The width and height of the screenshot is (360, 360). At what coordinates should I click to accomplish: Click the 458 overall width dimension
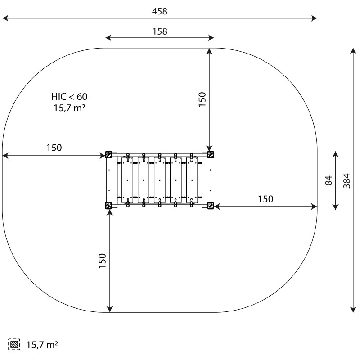tap(160, 11)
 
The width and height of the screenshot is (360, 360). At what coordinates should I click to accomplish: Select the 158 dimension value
tap(160, 31)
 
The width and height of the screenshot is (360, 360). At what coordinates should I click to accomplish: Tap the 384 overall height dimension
tap(347, 181)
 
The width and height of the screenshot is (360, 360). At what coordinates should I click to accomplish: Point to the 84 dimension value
tap(329, 180)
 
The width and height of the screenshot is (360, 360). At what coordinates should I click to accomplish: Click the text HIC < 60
tap(69, 97)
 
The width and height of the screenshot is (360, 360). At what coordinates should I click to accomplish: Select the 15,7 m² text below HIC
tap(70, 108)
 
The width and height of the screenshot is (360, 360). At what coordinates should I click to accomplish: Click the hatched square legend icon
tap(14, 344)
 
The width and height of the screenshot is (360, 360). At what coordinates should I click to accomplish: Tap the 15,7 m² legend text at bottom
tap(42, 345)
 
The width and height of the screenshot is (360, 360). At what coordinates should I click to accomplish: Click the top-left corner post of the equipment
tap(108, 154)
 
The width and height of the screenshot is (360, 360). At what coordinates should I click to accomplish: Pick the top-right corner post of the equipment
tap(211, 154)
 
